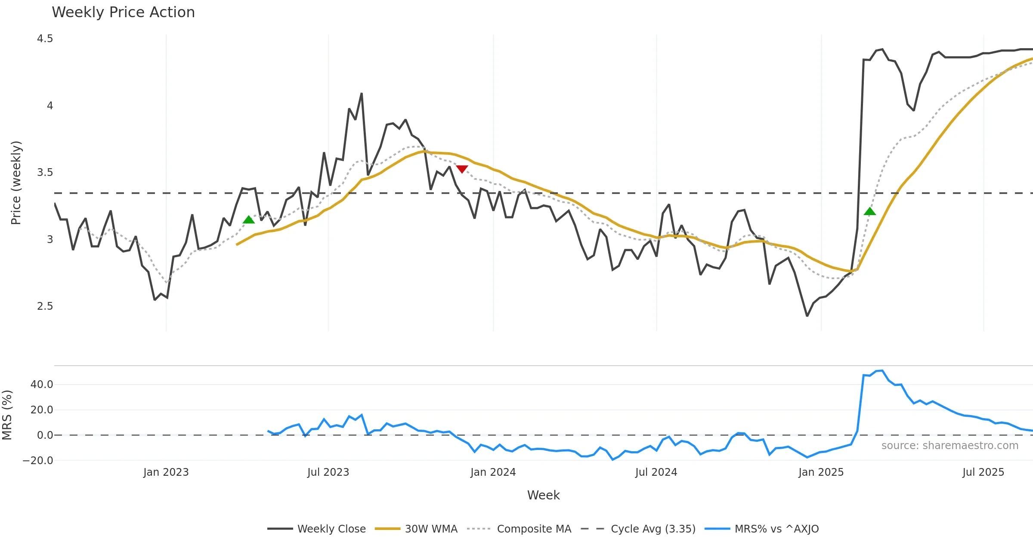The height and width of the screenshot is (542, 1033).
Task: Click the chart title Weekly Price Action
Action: (123, 12)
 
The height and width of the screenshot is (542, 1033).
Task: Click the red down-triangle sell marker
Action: (462, 169)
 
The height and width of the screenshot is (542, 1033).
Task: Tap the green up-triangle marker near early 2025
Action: (869, 211)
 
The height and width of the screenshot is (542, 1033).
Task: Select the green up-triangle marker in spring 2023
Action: (249, 220)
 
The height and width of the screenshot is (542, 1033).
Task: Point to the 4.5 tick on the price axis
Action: (45, 39)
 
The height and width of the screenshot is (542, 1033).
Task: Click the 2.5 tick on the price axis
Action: (45, 306)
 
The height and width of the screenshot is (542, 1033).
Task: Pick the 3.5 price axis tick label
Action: (45, 172)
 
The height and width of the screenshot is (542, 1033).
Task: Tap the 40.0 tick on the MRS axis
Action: (42, 385)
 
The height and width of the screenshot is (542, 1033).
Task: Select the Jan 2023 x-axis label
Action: (166, 472)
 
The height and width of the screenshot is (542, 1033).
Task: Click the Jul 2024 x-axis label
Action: (656, 472)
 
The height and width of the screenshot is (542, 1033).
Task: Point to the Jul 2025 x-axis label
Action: (983, 472)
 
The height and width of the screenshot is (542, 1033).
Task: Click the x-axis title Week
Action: (543, 496)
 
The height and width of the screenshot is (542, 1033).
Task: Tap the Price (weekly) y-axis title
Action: (16, 183)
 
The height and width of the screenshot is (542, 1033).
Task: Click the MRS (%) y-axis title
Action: (7, 415)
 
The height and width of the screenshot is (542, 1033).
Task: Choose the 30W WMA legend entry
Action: (431, 529)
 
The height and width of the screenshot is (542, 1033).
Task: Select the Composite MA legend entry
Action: (534, 529)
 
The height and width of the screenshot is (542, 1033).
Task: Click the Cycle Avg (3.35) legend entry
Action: (653, 529)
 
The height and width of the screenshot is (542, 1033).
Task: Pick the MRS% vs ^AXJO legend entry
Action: (776, 529)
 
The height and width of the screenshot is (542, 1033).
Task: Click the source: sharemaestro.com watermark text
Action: (949, 446)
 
